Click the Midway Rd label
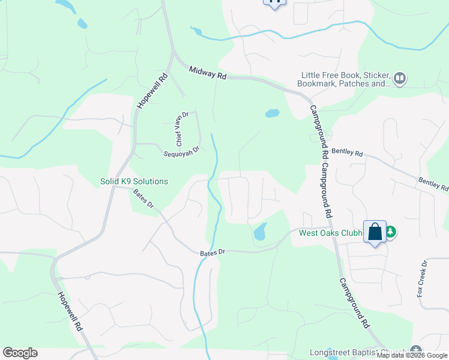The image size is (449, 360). pyautogui.click(x=208, y=74)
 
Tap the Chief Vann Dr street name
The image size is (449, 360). pyautogui.click(x=182, y=128)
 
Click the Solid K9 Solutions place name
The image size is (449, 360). pyautogui.click(x=134, y=181)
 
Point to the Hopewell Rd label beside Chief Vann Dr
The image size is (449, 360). pyautogui.click(x=152, y=91)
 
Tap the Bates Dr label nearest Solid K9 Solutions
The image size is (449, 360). pyautogui.click(x=143, y=199)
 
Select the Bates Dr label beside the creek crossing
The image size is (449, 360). pyautogui.click(x=212, y=253)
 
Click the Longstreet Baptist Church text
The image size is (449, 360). pyautogui.click(x=358, y=352)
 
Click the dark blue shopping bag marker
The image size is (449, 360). pyautogui.click(x=375, y=232)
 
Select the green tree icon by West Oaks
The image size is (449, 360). pyautogui.click(x=391, y=232)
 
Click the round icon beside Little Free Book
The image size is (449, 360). pyautogui.click(x=400, y=78)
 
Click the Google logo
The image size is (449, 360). pyautogui.click(x=20, y=353)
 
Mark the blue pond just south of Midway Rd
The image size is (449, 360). pyautogui.click(x=272, y=113)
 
